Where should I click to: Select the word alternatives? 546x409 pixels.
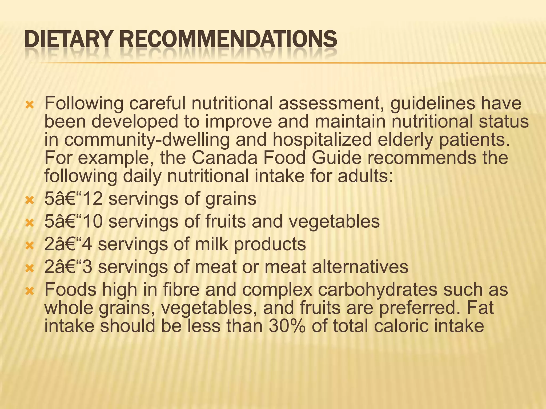point(360,267)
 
